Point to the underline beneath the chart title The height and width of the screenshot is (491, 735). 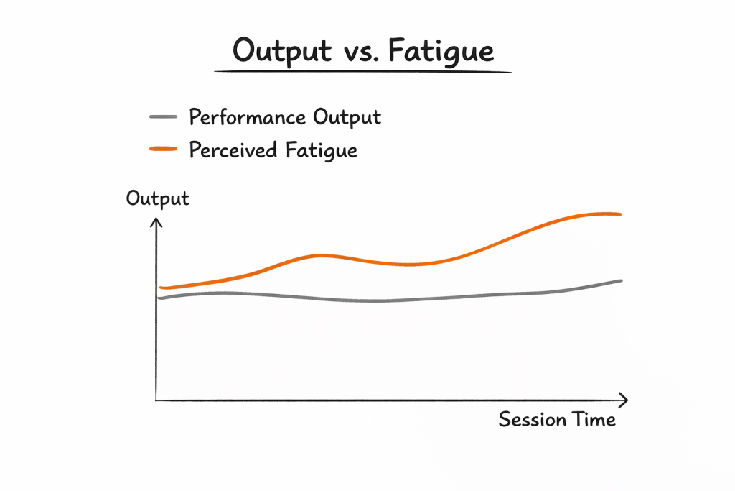362,71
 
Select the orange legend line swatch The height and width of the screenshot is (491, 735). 163,149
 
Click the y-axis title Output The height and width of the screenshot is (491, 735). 158,198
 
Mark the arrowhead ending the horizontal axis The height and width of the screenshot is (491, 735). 624,400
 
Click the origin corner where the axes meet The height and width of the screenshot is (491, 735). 156,400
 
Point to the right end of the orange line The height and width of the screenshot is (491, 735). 619,214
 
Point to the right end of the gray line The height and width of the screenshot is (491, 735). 621,280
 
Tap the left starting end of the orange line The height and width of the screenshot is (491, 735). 161,288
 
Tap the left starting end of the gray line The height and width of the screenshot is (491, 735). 160,298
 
